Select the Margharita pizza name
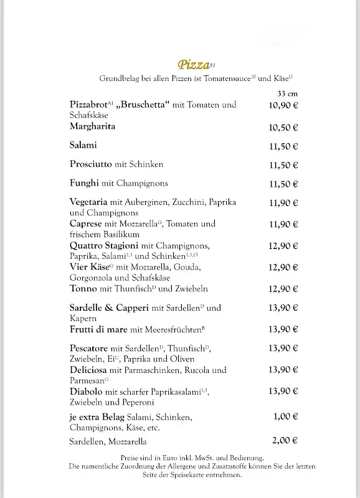pos(93,126)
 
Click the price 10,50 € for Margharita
pos(283,128)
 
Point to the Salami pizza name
pos(83,146)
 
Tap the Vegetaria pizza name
pos(89,202)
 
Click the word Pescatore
pos(89,348)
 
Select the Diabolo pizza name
pos(87,392)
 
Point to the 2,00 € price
pos(286,440)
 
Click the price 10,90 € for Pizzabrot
pos(283,105)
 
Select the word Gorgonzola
pos(92,278)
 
